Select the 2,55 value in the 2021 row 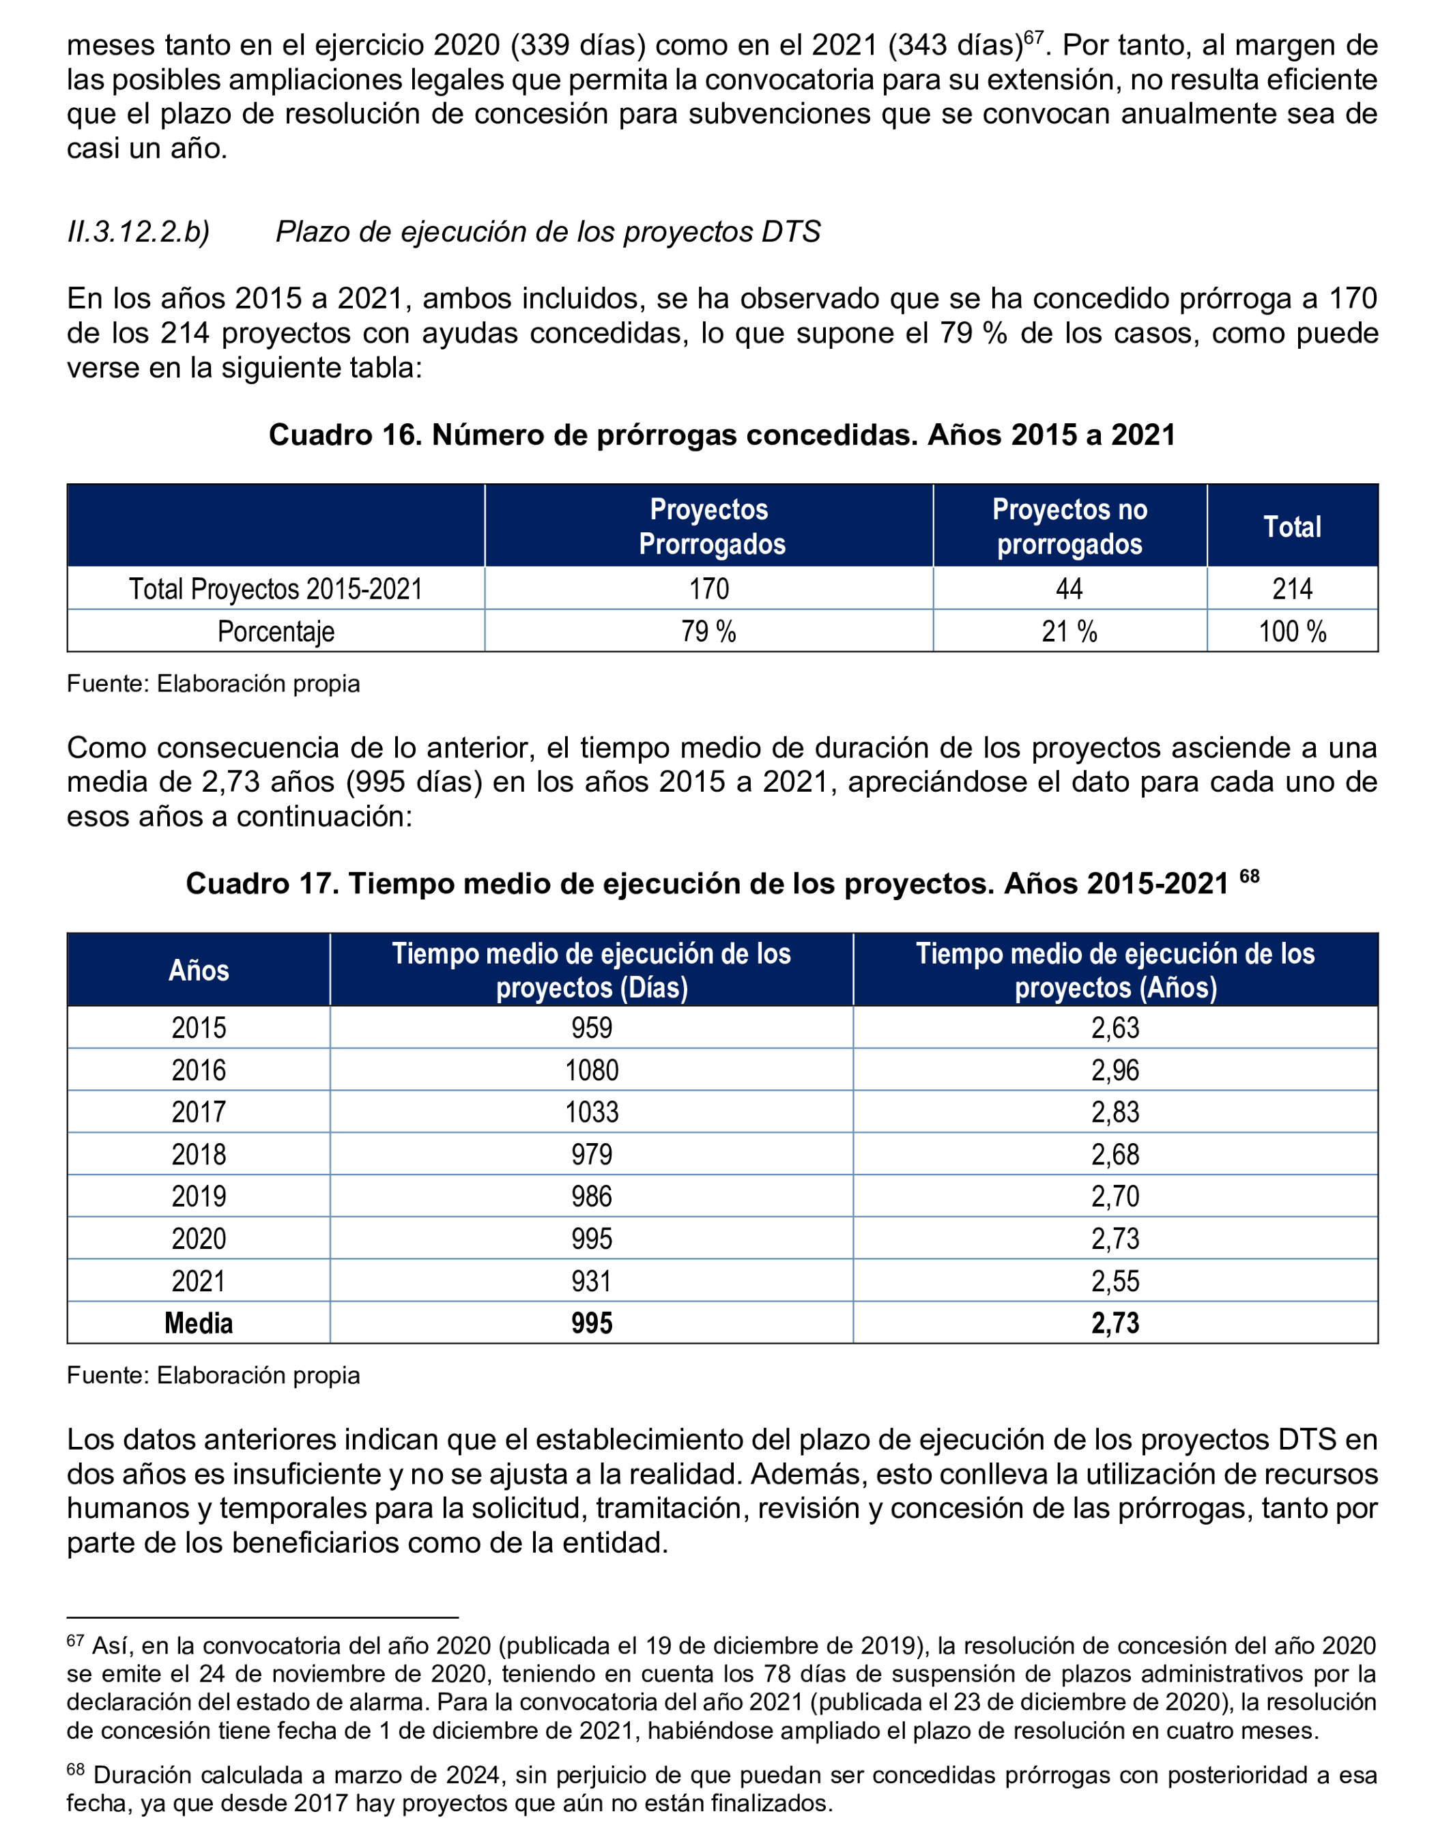(1115, 1280)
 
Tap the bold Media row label (198, 1323)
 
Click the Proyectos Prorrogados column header (709, 526)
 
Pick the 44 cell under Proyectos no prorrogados (1069, 589)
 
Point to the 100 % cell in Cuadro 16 (1291, 631)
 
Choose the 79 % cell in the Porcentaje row (708, 631)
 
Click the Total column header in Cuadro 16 (1291, 527)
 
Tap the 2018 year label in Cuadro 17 (198, 1154)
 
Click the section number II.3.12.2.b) (139, 232)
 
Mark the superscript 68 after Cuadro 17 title (1249, 875)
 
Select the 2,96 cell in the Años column (1115, 1069)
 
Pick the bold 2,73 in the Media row (1115, 1323)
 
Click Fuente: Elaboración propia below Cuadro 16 (213, 684)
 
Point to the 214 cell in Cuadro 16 (1291, 589)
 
